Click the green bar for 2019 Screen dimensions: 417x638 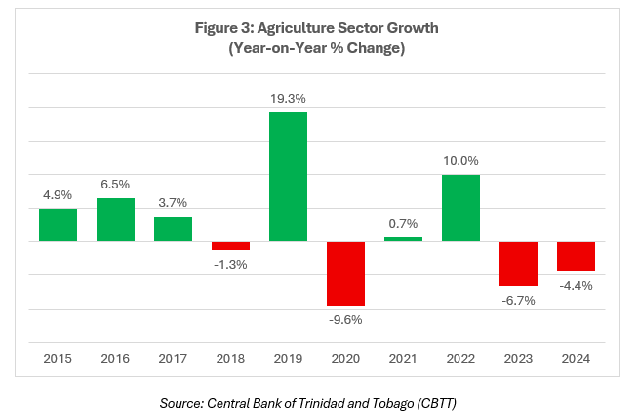pos(288,177)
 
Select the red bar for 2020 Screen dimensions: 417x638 pos(345,273)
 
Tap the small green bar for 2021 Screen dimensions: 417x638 pos(403,239)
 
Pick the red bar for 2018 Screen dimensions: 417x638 pos(230,246)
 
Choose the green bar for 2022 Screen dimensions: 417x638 pos(460,208)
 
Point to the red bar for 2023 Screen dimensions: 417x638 pos(518,264)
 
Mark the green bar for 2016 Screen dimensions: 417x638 pos(115,220)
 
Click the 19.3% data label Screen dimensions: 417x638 pos(288,99)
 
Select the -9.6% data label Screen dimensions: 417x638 pos(345,318)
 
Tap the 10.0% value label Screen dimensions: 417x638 pos(460,161)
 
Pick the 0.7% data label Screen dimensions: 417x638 pos(403,224)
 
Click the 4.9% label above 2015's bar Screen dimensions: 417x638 pos(58,194)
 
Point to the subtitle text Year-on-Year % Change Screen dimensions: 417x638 pos(319,47)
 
